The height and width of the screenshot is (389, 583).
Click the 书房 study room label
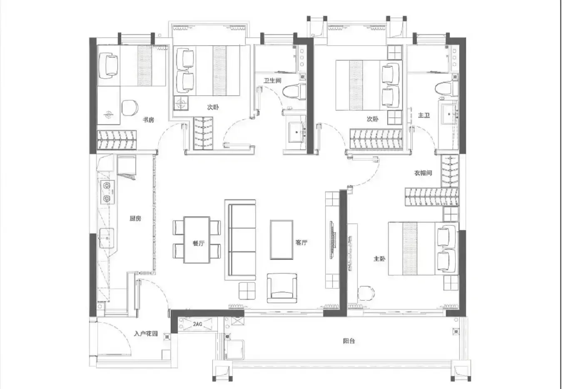(x=148, y=120)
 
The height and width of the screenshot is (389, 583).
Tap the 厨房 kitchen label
(x=135, y=218)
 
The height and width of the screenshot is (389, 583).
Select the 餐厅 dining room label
(x=199, y=243)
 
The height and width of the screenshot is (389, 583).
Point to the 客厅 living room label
(x=301, y=243)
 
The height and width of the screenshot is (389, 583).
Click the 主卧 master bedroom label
(x=379, y=259)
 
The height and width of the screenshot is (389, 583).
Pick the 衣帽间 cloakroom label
(x=423, y=173)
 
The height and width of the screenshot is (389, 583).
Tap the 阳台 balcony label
(x=349, y=341)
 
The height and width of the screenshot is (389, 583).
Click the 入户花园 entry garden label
(x=146, y=334)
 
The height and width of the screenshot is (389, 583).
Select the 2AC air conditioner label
(x=197, y=324)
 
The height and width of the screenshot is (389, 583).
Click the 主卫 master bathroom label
(x=424, y=115)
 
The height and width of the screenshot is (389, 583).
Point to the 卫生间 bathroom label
(x=272, y=80)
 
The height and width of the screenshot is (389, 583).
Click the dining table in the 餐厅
(x=197, y=240)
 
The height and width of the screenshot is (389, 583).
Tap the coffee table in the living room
(x=282, y=240)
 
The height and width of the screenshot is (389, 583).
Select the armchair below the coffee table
(x=282, y=288)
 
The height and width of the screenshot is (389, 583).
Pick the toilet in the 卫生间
(x=294, y=91)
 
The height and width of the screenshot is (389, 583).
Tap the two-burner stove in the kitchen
(x=108, y=192)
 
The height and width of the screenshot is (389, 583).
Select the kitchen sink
(x=106, y=238)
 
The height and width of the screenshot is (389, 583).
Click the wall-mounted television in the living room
(x=332, y=240)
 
